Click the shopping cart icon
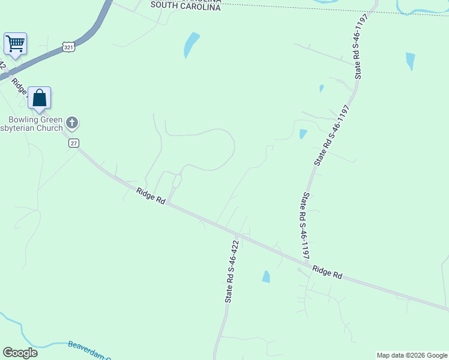15,43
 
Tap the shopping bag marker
39,98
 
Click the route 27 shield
73,143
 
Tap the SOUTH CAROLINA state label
185,5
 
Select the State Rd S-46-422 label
232,271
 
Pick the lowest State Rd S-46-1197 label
305,225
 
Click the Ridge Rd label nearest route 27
151,196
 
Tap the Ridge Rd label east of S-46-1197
327,272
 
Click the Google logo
20,353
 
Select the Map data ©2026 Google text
412,355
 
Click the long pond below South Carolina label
191,44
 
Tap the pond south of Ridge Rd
266,277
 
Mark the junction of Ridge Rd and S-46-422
239,233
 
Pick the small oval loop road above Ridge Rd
177,181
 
